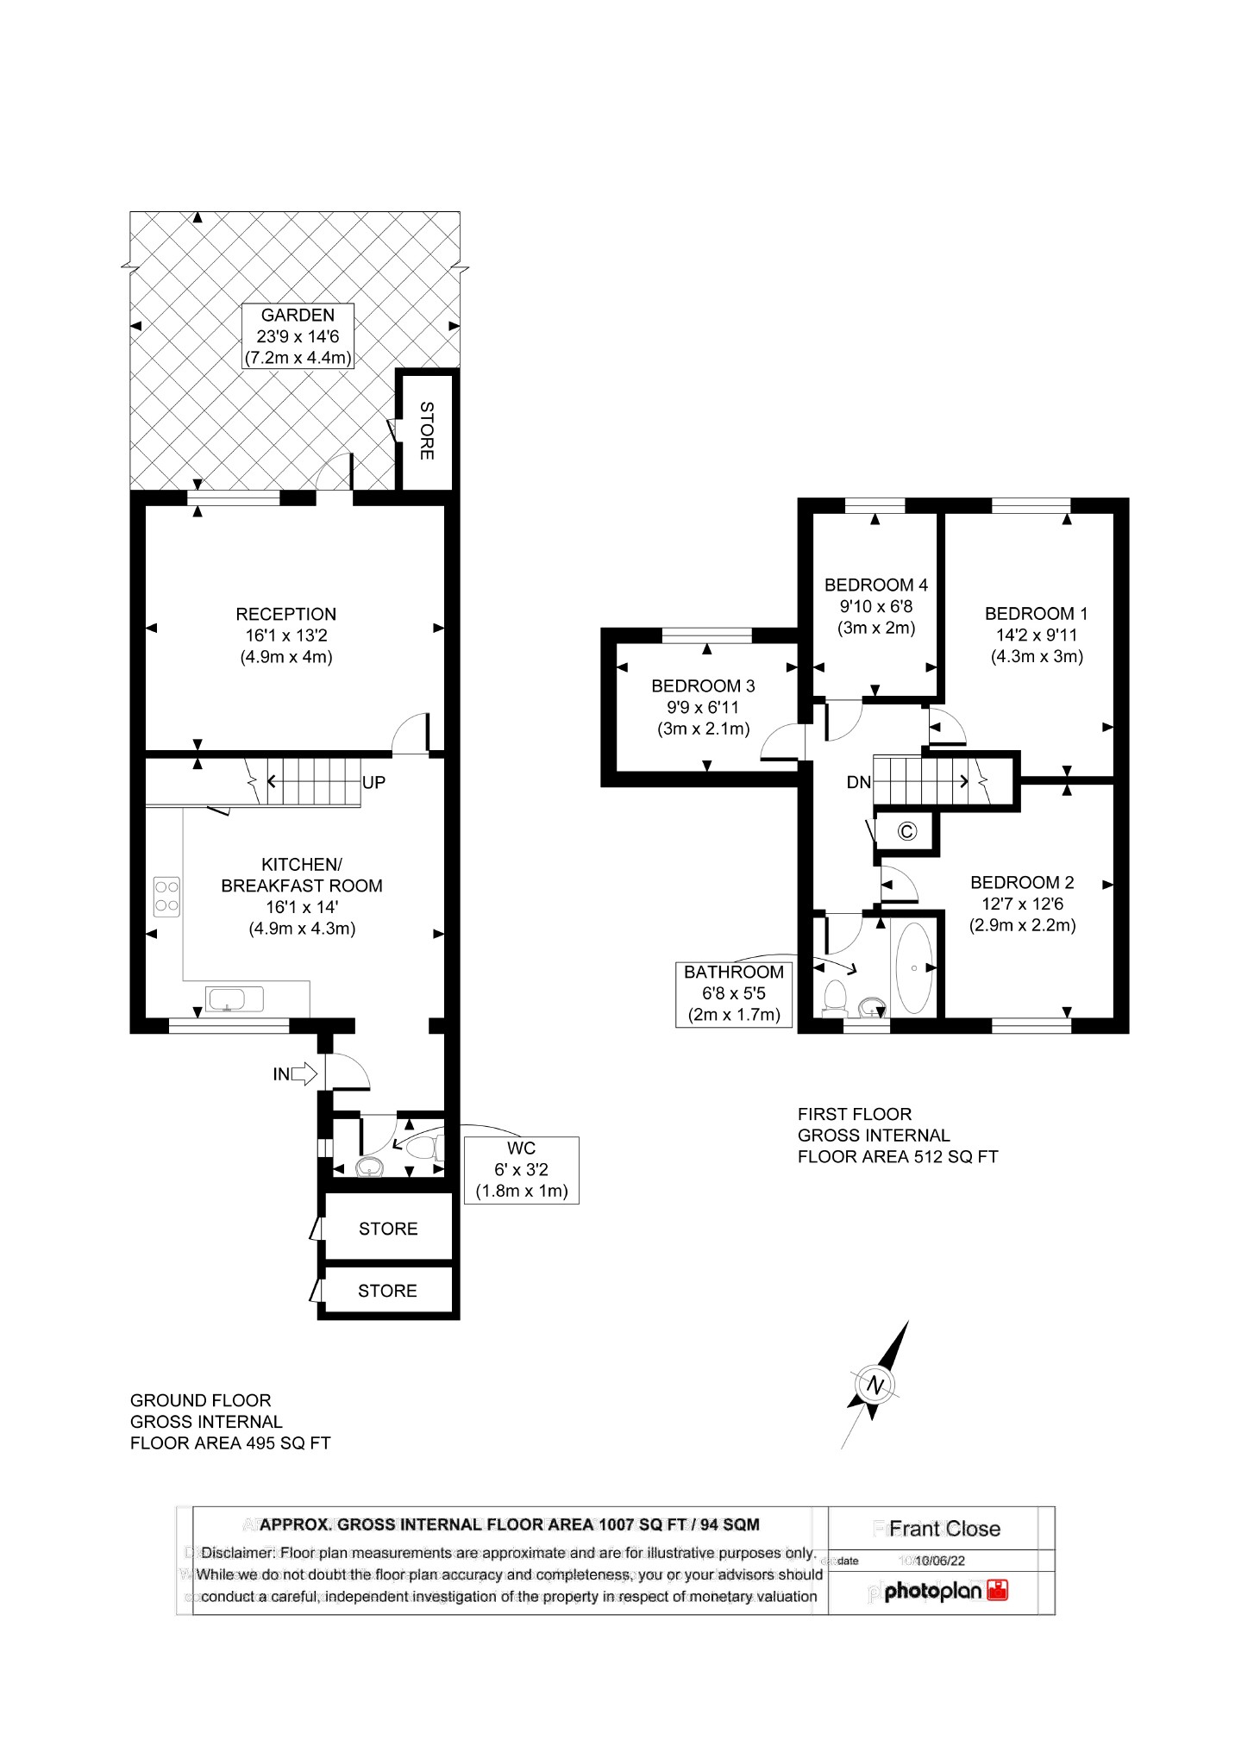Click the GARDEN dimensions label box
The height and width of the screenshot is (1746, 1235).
298,336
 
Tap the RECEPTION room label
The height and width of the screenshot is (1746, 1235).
285,614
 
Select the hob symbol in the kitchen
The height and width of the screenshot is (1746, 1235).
166,895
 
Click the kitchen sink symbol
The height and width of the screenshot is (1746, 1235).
235,998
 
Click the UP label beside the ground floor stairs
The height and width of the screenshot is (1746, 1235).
373,783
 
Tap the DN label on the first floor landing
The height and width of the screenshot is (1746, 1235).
858,783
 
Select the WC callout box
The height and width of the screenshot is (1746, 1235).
521,1170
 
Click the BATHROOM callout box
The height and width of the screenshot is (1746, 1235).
733,993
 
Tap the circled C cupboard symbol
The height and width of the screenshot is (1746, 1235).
906,831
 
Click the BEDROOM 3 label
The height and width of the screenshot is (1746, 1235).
703,686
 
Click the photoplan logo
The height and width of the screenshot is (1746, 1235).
945,1591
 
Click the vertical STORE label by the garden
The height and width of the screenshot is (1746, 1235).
426,430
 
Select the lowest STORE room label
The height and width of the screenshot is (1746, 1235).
387,1291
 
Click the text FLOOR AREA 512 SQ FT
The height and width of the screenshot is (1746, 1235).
897,1157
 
